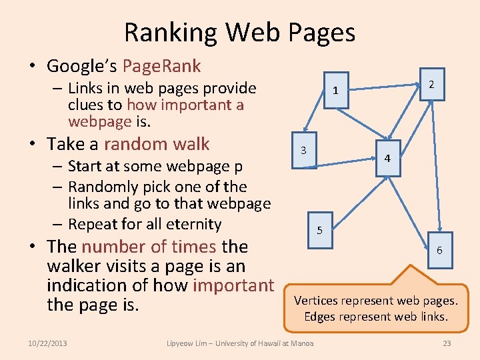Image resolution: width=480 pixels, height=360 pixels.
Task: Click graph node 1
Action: pyautogui.click(x=336, y=91)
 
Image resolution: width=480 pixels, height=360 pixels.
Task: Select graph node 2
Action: pyautogui.click(x=431, y=84)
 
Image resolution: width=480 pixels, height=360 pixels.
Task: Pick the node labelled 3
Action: pyautogui.click(x=303, y=151)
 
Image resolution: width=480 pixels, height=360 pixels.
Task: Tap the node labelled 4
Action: pyautogui.click(x=387, y=159)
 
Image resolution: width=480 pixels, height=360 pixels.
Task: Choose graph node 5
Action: pyautogui.click(x=319, y=231)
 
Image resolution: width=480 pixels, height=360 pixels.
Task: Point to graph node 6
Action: pyautogui.click(x=439, y=251)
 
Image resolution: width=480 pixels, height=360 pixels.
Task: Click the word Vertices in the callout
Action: pyautogui.click(x=316, y=300)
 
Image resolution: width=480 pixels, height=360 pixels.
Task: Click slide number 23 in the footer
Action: pyautogui.click(x=447, y=343)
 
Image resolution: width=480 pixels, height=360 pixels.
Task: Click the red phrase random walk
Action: pyautogui.click(x=157, y=144)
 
